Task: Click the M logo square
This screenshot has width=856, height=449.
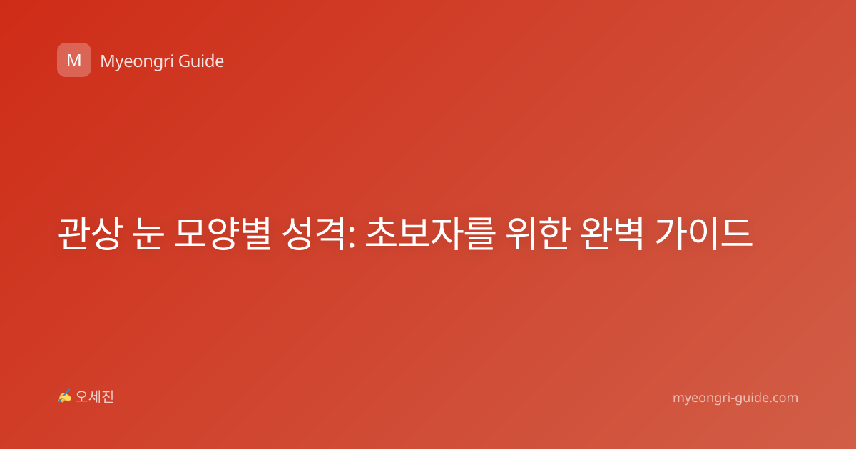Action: point(74,60)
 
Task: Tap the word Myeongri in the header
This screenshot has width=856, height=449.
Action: point(137,62)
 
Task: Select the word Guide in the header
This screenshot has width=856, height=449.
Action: point(201,61)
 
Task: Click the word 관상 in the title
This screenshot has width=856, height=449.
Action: point(91,233)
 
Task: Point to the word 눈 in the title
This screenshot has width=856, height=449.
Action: point(149,233)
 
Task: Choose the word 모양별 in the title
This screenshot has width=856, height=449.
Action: point(223,233)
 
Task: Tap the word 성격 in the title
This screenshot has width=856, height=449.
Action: point(314,233)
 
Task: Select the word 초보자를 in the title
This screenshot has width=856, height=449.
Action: point(431,233)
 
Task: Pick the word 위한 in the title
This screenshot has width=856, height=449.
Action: point(537,233)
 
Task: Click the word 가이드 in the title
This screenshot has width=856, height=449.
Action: point(703,233)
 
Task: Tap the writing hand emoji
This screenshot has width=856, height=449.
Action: point(64,396)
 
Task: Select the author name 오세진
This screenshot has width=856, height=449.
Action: point(94,397)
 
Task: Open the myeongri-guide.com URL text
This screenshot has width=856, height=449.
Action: point(735,398)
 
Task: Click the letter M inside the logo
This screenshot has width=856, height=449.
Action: point(74,61)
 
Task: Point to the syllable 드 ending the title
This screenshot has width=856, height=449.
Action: point(737,233)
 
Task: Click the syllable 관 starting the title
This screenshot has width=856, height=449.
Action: point(74,233)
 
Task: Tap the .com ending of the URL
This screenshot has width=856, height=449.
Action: point(784,398)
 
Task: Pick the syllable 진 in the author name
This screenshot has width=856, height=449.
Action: point(108,397)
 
